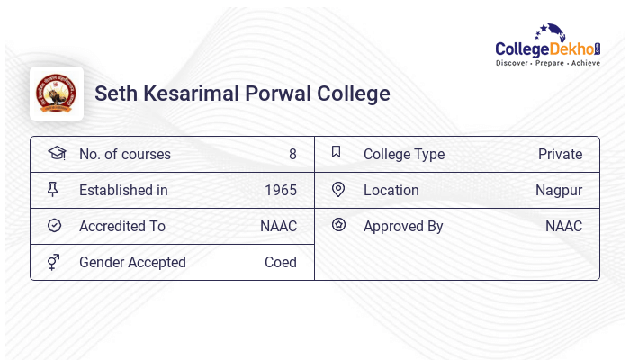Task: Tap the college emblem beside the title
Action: pyautogui.click(x=57, y=94)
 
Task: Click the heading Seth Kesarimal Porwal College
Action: pyautogui.click(x=242, y=94)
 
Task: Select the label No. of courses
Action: pyautogui.click(x=124, y=154)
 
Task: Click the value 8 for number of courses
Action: pyautogui.click(x=292, y=154)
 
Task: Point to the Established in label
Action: pyautogui.click(x=123, y=190)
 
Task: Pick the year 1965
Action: pyautogui.click(x=281, y=190)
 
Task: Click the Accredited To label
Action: pyautogui.click(x=122, y=226)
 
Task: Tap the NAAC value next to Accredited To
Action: pyautogui.click(x=278, y=226)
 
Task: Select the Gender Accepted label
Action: pyautogui.click(x=132, y=262)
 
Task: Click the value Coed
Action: pyautogui.click(x=280, y=262)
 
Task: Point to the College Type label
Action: pyautogui.click(x=404, y=154)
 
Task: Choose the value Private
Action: pyautogui.click(x=560, y=154)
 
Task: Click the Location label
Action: pyautogui.click(x=391, y=190)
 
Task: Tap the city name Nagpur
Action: pyautogui.click(x=559, y=190)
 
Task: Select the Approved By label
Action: pyautogui.click(x=403, y=226)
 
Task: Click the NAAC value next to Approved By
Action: pyautogui.click(x=563, y=226)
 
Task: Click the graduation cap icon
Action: pyautogui.click(x=56, y=153)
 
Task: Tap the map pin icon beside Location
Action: pyautogui.click(x=338, y=189)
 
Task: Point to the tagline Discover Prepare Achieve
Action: pyautogui.click(x=547, y=64)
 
